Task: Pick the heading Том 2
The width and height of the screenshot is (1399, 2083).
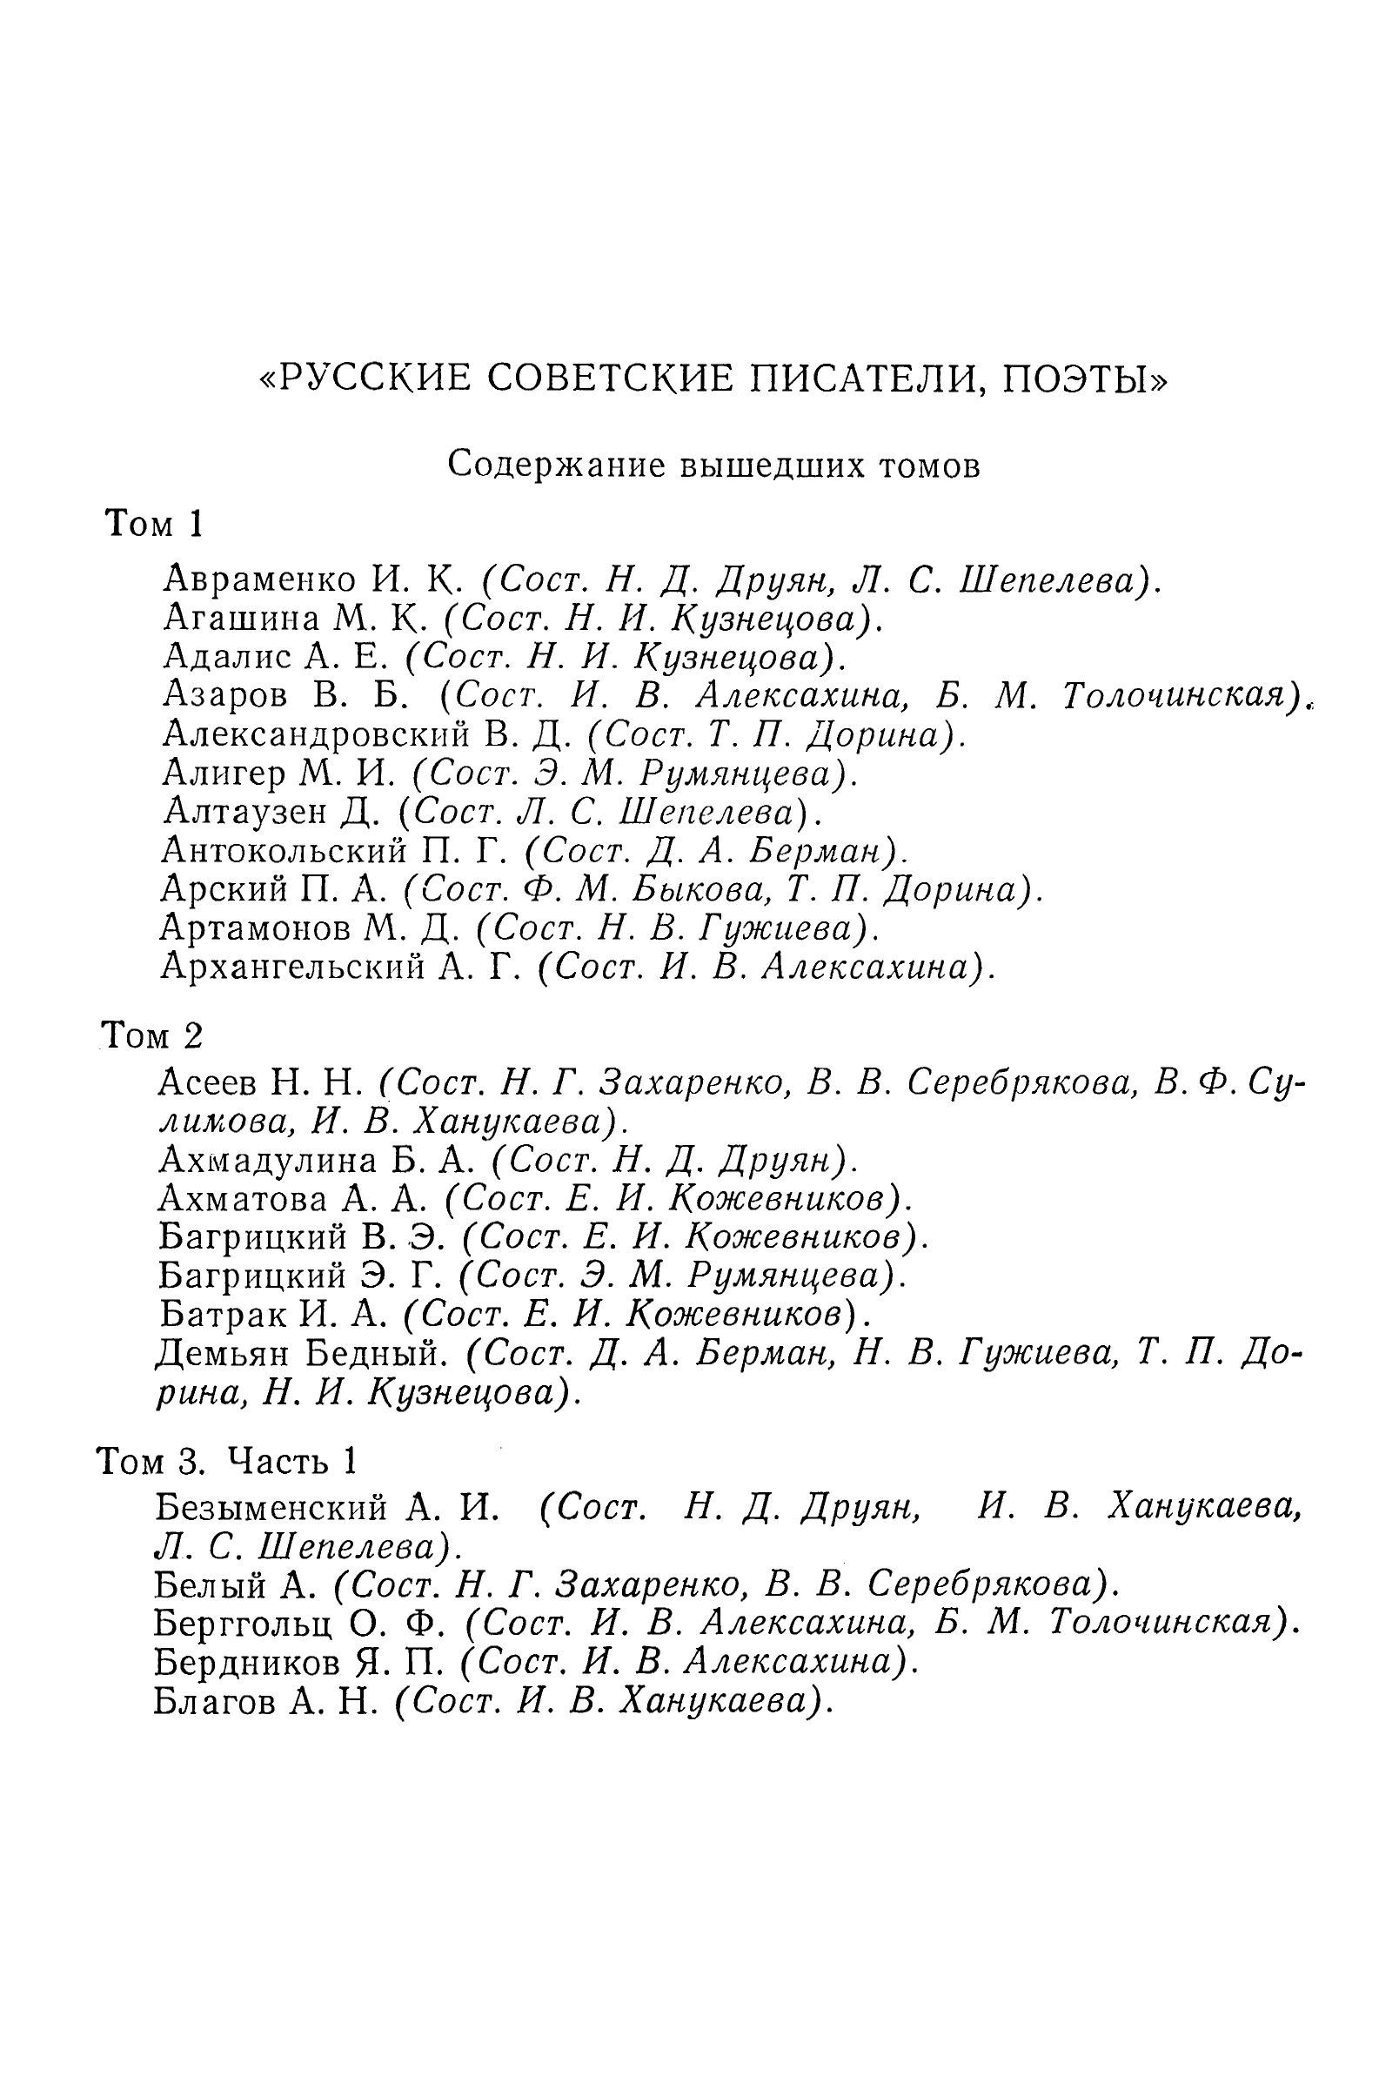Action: (x=151, y=1035)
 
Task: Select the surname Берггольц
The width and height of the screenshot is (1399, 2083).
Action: (x=244, y=1621)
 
